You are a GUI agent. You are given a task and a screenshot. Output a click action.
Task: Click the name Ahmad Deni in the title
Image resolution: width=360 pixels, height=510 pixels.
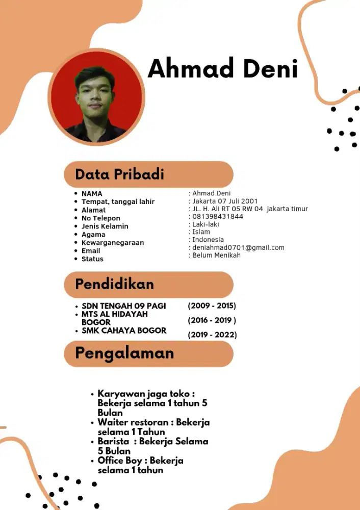pyautogui.click(x=222, y=69)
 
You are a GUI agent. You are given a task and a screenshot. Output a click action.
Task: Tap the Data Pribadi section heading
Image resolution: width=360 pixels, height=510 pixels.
pyautogui.click(x=119, y=174)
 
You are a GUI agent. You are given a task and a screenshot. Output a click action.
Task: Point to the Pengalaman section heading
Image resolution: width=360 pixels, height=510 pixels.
pyautogui.click(x=124, y=353)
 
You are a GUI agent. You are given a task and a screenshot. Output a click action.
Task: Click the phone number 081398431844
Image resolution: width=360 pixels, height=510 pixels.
pyautogui.click(x=218, y=217)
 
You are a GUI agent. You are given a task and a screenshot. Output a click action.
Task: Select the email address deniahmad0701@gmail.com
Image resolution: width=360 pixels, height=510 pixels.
pyautogui.click(x=238, y=247)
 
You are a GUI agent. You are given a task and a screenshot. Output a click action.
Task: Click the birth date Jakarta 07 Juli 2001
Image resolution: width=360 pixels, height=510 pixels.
pyautogui.click(x=225, y=201)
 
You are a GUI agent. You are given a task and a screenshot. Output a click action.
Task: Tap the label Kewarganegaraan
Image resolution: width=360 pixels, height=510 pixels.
pyautogui.click(x=113, y=243)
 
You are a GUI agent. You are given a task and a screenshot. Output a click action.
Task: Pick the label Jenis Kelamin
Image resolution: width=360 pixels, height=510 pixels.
pyautogui.click(x=105, y=226)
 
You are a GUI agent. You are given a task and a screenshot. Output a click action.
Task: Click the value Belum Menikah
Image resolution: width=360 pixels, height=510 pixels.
pyautogui.click(x=216, y=255)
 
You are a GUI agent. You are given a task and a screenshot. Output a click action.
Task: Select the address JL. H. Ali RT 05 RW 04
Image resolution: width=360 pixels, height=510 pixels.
pyautogui.click(x=227, y=209)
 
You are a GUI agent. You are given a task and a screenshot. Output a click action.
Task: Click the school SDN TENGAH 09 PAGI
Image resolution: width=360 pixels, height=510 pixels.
pyautogui.click(x=123, y=306)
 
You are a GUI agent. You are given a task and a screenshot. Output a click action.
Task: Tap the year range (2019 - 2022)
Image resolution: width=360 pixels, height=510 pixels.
pyautogui.click(x=212, y=335)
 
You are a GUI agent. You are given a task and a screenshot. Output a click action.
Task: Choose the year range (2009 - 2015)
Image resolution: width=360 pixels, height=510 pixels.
pyautogui.click(x=212, y=306)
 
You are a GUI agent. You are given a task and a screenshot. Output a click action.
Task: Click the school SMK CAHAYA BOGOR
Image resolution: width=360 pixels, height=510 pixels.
pyautogui.click(x=123, y=330)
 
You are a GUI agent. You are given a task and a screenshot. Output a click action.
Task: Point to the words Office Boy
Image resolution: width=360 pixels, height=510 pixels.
pyautogui.click(x=120, y=461)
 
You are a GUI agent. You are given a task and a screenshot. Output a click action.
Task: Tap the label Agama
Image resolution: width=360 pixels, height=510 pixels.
pyautogui.click(x=93, y=235)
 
